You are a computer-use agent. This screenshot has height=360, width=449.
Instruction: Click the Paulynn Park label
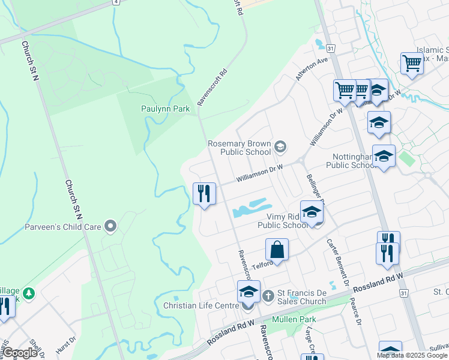(165, 109)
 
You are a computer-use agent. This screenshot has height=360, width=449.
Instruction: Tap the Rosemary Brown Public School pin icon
(280, 146)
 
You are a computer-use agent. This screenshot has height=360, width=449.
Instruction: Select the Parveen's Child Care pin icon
(110, 226)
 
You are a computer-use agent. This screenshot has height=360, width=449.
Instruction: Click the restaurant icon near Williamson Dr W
(204, 193)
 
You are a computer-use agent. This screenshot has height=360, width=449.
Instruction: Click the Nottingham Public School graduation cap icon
(384, 156)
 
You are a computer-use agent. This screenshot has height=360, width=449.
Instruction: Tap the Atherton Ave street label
(312, 69)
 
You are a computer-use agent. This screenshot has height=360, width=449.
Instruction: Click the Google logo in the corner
(20, 353)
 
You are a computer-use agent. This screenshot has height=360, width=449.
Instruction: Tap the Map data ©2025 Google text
(411, 355)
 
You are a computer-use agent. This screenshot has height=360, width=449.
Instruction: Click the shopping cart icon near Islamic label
(412, 62)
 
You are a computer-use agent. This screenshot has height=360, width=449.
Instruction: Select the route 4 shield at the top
(115, 2)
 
